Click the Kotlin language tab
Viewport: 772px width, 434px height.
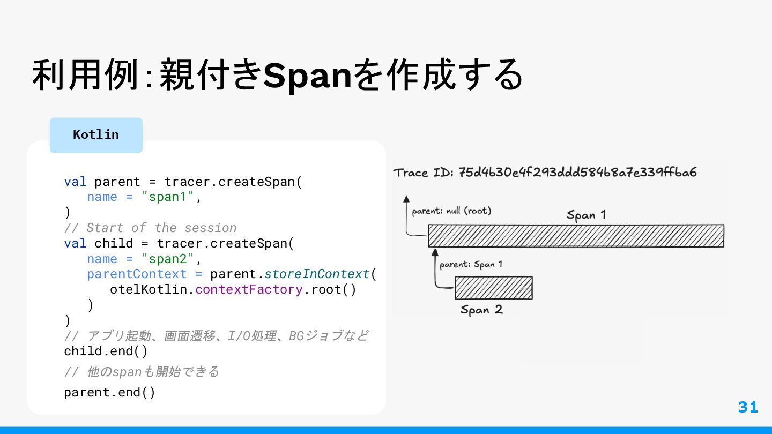(96, 134)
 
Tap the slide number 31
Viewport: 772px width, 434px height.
(748, 407)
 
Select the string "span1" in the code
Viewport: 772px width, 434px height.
(168, 197)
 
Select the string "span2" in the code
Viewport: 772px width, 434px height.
(168, 259)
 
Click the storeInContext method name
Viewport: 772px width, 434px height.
(317, 274)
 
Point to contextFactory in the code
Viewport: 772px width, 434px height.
(249, 290)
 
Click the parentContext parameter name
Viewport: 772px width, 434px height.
(137, 274)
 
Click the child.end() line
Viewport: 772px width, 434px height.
(106, 351)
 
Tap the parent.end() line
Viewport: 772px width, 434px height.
(109, 392)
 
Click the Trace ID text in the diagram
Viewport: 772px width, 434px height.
(545, 173)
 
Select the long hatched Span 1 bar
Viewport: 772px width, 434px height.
(576, 236)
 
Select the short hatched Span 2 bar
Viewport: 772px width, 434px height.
(493, 288)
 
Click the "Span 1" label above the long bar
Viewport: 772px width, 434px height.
(586, 215)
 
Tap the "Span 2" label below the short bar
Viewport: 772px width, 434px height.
(481, 310)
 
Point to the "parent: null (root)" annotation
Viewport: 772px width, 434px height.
(451, 211)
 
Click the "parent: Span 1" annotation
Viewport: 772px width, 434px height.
(471, 264)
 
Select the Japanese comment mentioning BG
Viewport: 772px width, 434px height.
(216, 336)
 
